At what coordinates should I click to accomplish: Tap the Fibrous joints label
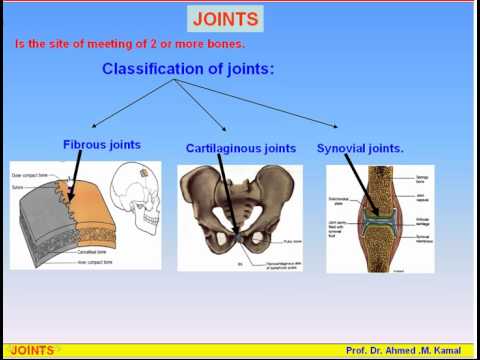[x=101, y=145]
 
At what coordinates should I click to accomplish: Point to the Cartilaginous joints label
[x=241, y=148]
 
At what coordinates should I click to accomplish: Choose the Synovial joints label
[x=360, y=148]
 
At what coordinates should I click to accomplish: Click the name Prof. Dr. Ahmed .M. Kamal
[x=406, y=350]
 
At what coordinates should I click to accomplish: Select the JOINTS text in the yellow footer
[x=30, y=350]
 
